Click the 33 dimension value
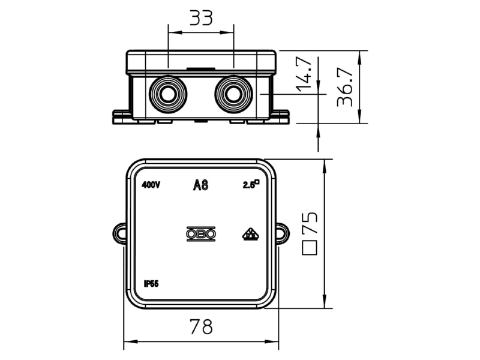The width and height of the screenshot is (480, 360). coord(201,18)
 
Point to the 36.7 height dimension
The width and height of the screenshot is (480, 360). coord(344,87)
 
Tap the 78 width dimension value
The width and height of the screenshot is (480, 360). coord(201,326)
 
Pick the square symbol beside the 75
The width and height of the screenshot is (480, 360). coord(310,248)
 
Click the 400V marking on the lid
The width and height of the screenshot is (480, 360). coord(151,185)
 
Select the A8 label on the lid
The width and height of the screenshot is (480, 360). coord(201,185)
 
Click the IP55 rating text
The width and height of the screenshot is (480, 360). coord(151,284)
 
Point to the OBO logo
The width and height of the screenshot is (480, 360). coord(201,234)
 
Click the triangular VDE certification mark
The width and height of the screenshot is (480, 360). coord(251,234)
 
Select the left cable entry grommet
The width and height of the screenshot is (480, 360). coord(168,94)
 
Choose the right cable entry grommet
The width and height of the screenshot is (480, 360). coord(233,94)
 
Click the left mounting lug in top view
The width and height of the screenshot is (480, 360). coord(119,233)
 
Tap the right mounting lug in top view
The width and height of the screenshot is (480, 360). coord(283,233)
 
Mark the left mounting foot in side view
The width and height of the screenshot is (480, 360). coord(122,117)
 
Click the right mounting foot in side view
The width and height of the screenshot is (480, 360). coord(279,117)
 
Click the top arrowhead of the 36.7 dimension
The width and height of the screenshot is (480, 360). coord(359,57)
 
